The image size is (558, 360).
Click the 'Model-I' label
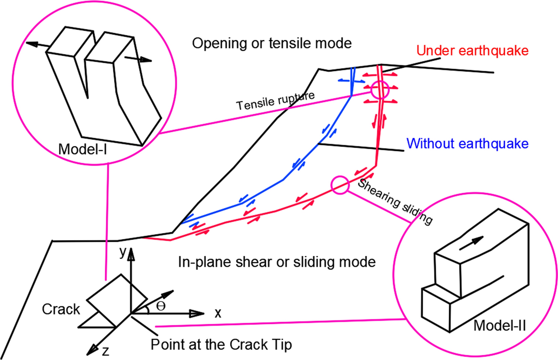(83, 149)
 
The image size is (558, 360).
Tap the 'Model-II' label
(499, 326)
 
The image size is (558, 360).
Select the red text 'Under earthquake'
(472, 51)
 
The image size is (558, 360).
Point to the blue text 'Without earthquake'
(467, 143)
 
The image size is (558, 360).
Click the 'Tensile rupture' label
(275, 101)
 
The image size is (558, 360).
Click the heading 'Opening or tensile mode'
(271, 43)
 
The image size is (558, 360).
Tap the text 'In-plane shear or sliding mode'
(277, 262)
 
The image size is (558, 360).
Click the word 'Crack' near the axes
(61, 309)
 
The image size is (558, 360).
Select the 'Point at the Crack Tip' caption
(221, 344)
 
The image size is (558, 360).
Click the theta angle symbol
(161, 306)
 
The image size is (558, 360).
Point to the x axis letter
(218, 313)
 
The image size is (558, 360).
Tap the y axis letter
(123, 252)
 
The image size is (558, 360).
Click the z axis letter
(106, 351)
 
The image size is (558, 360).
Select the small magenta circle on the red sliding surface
(340, 185)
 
